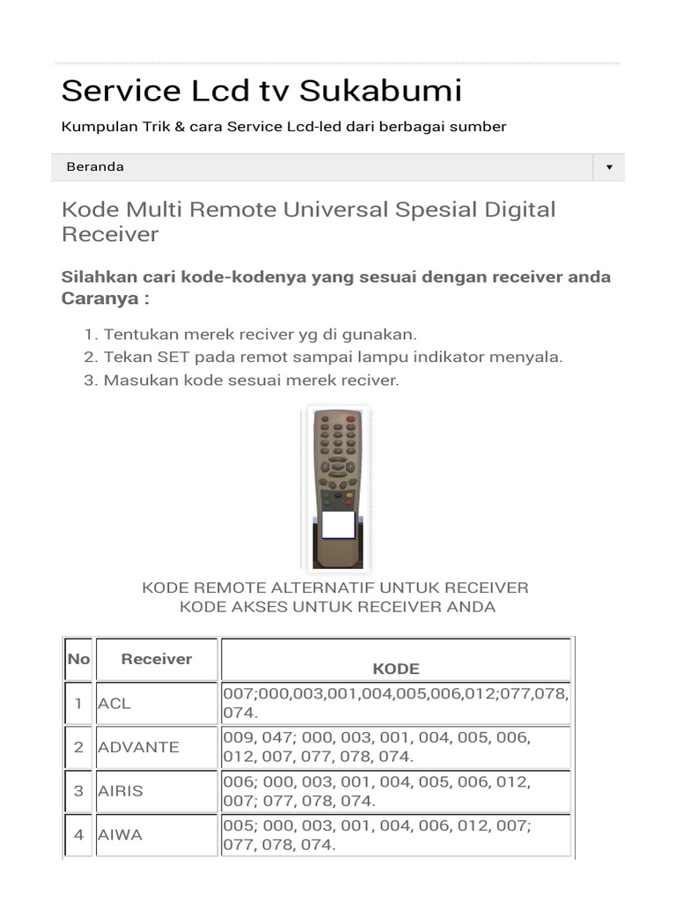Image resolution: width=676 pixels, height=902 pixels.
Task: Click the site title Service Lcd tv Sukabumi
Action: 261,91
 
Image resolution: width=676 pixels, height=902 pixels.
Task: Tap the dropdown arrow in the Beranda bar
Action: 608,167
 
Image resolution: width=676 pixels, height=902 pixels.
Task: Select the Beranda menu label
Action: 95,166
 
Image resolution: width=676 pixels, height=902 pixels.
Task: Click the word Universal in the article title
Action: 315,211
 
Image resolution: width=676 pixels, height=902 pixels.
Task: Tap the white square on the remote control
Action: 338,524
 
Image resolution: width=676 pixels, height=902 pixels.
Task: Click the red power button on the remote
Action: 351,420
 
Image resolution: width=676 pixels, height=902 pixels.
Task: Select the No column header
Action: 78,659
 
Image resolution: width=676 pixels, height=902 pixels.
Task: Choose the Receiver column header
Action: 157,659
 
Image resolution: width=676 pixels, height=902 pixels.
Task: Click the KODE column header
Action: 396,668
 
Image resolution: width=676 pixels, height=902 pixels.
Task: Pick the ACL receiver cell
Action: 157,703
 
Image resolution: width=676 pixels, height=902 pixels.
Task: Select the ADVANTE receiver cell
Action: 157,747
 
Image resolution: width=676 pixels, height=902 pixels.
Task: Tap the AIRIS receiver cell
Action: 157,791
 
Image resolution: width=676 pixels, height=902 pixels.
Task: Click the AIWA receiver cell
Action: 157,835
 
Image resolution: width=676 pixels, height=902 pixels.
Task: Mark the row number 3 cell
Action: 78,791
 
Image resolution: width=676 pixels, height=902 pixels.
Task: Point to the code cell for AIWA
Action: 396,835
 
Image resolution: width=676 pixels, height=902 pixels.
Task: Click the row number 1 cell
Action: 78,703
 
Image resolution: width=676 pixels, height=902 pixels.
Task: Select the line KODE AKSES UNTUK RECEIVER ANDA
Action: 337,607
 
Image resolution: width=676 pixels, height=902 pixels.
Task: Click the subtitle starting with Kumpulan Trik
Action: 283,127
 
